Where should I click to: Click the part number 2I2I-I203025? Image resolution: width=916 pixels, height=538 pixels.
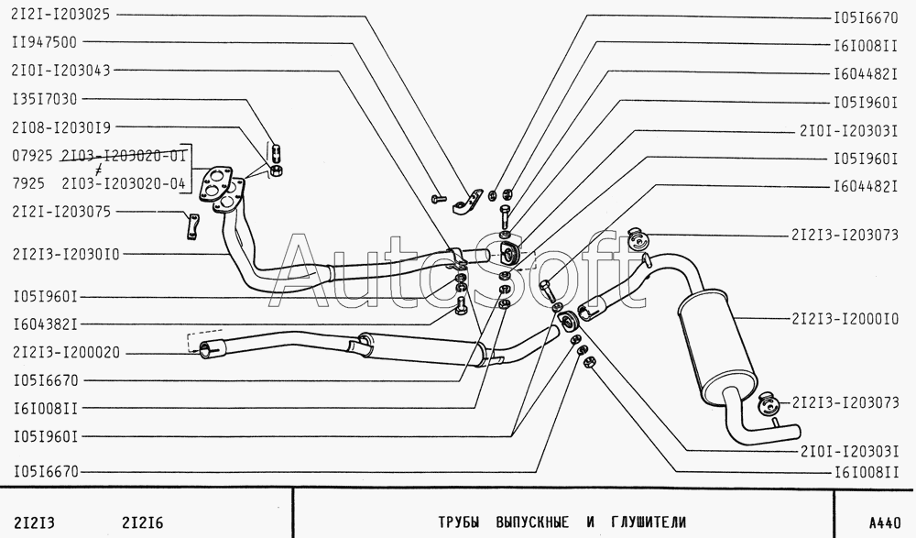(x=60, y=16)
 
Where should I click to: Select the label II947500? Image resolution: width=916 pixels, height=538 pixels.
(x=44, y=42)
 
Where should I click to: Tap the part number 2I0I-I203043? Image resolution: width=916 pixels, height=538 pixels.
(x=60, y=71)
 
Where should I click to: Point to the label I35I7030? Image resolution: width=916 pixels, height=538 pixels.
(x=44, y=99)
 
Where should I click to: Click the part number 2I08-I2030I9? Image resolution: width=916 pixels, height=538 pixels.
(x=60, y=127)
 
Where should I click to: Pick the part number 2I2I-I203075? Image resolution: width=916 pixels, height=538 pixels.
(x=60, y=212)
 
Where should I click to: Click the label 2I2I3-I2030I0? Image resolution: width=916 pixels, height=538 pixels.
(x=65, y=253)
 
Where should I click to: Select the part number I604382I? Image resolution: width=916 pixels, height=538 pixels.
(x=44, y=324)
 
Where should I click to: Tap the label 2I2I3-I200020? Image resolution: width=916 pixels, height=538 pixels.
(x=65, y=352)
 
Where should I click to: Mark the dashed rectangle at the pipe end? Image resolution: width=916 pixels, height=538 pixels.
(x=204, y=340)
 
